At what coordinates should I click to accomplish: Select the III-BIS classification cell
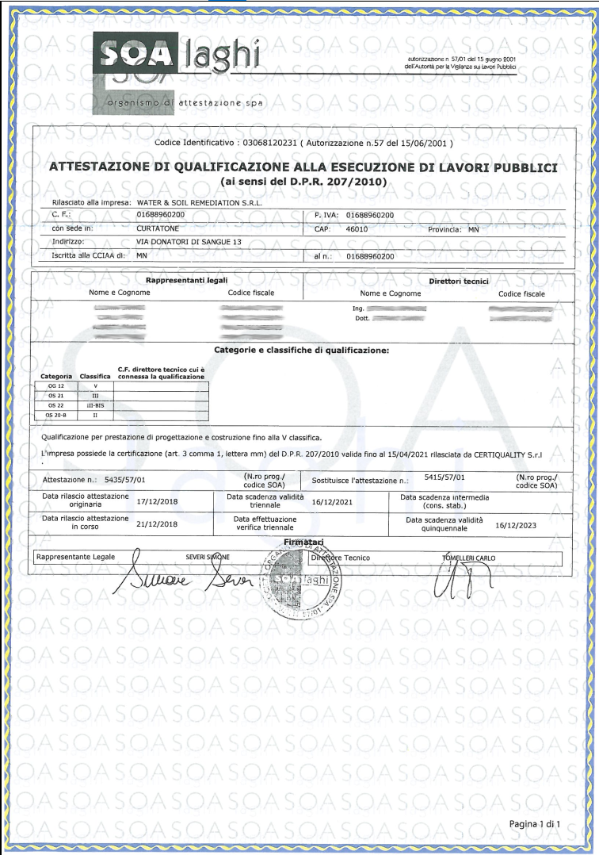pyautogui.click(x=95, y=404)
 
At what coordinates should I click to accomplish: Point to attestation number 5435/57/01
pyautogui.click(x=125, y=480)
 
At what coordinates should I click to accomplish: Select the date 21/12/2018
pyautogui.click(x=159, y=524)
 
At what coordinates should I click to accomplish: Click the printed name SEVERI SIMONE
pyautogui.click(x=208, y=558)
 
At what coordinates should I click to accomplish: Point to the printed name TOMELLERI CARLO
pyautogui.click(x=468, y=558)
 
